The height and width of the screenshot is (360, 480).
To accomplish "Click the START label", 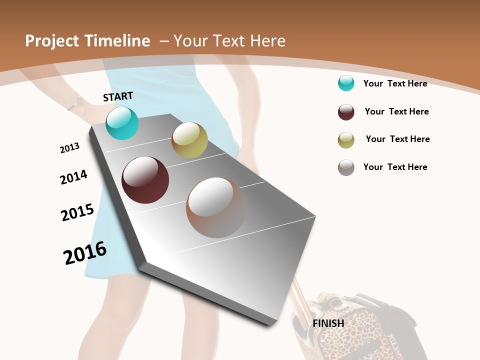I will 118,96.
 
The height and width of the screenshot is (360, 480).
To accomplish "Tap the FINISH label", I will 328,323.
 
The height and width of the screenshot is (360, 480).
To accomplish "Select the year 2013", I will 70,148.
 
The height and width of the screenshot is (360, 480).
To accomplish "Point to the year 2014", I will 73,177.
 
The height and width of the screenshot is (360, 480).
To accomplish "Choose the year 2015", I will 77,212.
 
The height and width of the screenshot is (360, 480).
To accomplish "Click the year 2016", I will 85,253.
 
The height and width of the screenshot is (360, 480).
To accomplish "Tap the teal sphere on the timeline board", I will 122,123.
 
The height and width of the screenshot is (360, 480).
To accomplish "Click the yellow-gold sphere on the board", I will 189,140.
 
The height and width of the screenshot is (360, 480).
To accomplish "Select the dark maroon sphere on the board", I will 145,180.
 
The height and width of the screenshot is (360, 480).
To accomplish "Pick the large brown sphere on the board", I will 216,207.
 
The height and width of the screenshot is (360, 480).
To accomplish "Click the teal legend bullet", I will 346,83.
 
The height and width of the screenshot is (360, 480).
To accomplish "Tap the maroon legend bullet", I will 346,112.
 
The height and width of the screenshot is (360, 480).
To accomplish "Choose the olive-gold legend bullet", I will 346,140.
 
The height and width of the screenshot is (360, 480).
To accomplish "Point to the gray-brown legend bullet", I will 346,167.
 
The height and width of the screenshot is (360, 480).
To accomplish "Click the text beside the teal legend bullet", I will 395,83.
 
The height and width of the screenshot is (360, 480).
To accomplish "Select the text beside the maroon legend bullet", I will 396,111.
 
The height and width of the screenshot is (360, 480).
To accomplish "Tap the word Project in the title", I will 52,41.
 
